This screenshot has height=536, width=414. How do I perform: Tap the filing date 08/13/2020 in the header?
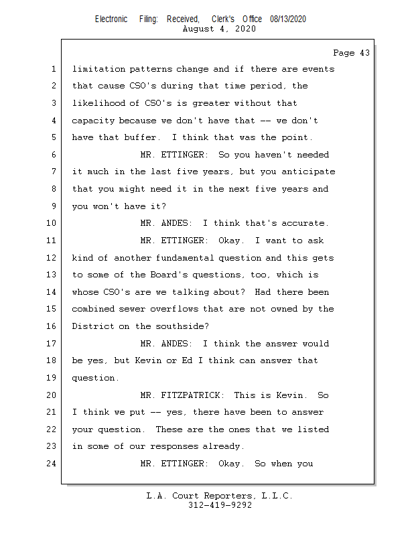click(288, 19)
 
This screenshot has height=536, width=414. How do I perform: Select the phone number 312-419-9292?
click(220, 506)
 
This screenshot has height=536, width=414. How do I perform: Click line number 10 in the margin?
click(53, 223)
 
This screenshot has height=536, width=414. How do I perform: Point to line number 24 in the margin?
click(53, 463)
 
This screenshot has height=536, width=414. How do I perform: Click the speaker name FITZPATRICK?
click(194, 395)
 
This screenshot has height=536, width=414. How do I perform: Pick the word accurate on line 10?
click(305, 223)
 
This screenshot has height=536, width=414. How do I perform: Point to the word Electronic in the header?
click(111, 19)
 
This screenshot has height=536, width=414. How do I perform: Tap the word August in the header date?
click(198, 29)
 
